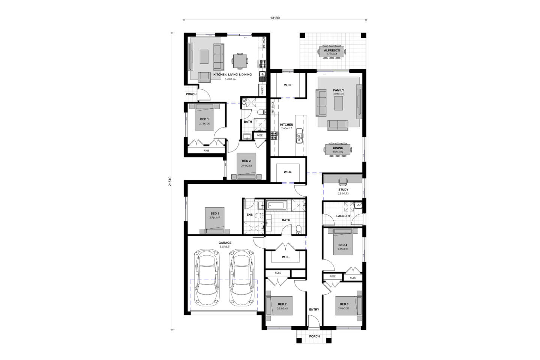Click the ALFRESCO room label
click(332, 50)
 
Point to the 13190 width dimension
click(275, 18)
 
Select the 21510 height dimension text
click(170, 181)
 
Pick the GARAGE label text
click(225, 243)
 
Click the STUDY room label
click(343, 190)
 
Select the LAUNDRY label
click(343, 216)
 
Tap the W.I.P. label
click(288, 85)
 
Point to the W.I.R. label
click(288, 172)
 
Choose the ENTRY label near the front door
click(314, 309)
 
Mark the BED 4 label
click(343, 245)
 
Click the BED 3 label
click(344, 304)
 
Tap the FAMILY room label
click(339, 90)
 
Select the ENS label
click(249, 215)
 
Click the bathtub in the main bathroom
click(277, 205)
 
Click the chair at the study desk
click(343, 181)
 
